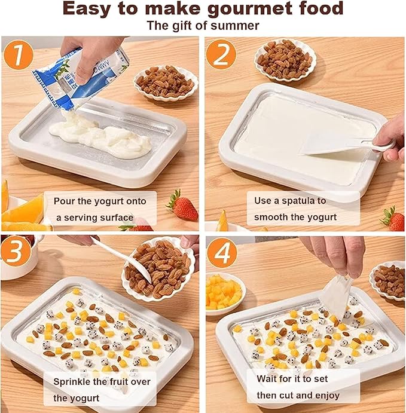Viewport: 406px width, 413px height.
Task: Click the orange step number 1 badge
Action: (x=18, y=55)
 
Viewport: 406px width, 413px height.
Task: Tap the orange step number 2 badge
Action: (x=221, y=54)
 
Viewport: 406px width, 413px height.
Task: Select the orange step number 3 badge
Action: (x=16, y=251)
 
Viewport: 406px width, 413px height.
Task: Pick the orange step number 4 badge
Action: (x=222, y=253)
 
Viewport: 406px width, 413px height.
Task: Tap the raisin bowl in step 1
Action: (x=166, y=83)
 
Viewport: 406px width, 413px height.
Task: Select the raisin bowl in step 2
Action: (x=285, y=60)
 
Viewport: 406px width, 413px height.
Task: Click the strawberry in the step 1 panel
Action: (x=183, y=206)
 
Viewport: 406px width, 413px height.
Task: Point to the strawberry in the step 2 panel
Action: (x=393, y=219)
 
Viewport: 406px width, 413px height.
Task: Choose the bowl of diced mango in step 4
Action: (x=225, y=293)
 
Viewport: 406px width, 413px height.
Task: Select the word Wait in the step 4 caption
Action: (x=266, y=379)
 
